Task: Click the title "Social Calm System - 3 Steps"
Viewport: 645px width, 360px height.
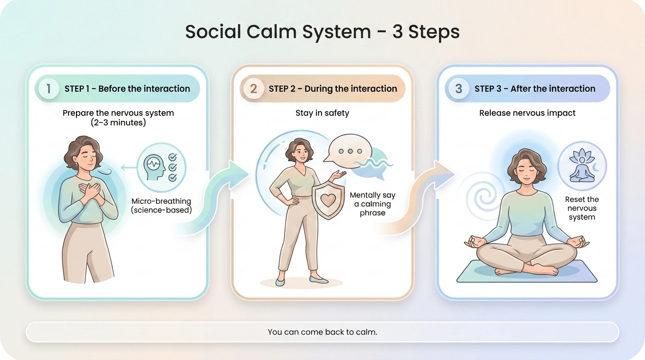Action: click(322, 32)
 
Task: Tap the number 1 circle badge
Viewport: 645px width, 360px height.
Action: click(48, 89)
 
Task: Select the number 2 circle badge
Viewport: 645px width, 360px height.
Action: click(254, 89)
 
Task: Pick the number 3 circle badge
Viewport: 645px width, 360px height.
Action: click(458, 89)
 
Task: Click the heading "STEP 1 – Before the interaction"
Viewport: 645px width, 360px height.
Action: click(127, 89)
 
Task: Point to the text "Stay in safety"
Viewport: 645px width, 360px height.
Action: click(322, 113)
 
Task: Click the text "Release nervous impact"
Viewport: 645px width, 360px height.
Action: click(527, 113)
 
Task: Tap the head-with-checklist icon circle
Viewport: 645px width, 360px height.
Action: click(161, 167)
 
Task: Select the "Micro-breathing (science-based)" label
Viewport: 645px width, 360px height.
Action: click(161, 206)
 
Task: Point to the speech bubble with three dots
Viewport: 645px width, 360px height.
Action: click(347, 151)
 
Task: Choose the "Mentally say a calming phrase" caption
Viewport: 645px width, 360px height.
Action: click(373, 204)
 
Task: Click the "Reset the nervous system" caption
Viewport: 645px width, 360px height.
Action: click(582, 209)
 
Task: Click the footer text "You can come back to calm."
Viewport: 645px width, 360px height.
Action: click(322, 332)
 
